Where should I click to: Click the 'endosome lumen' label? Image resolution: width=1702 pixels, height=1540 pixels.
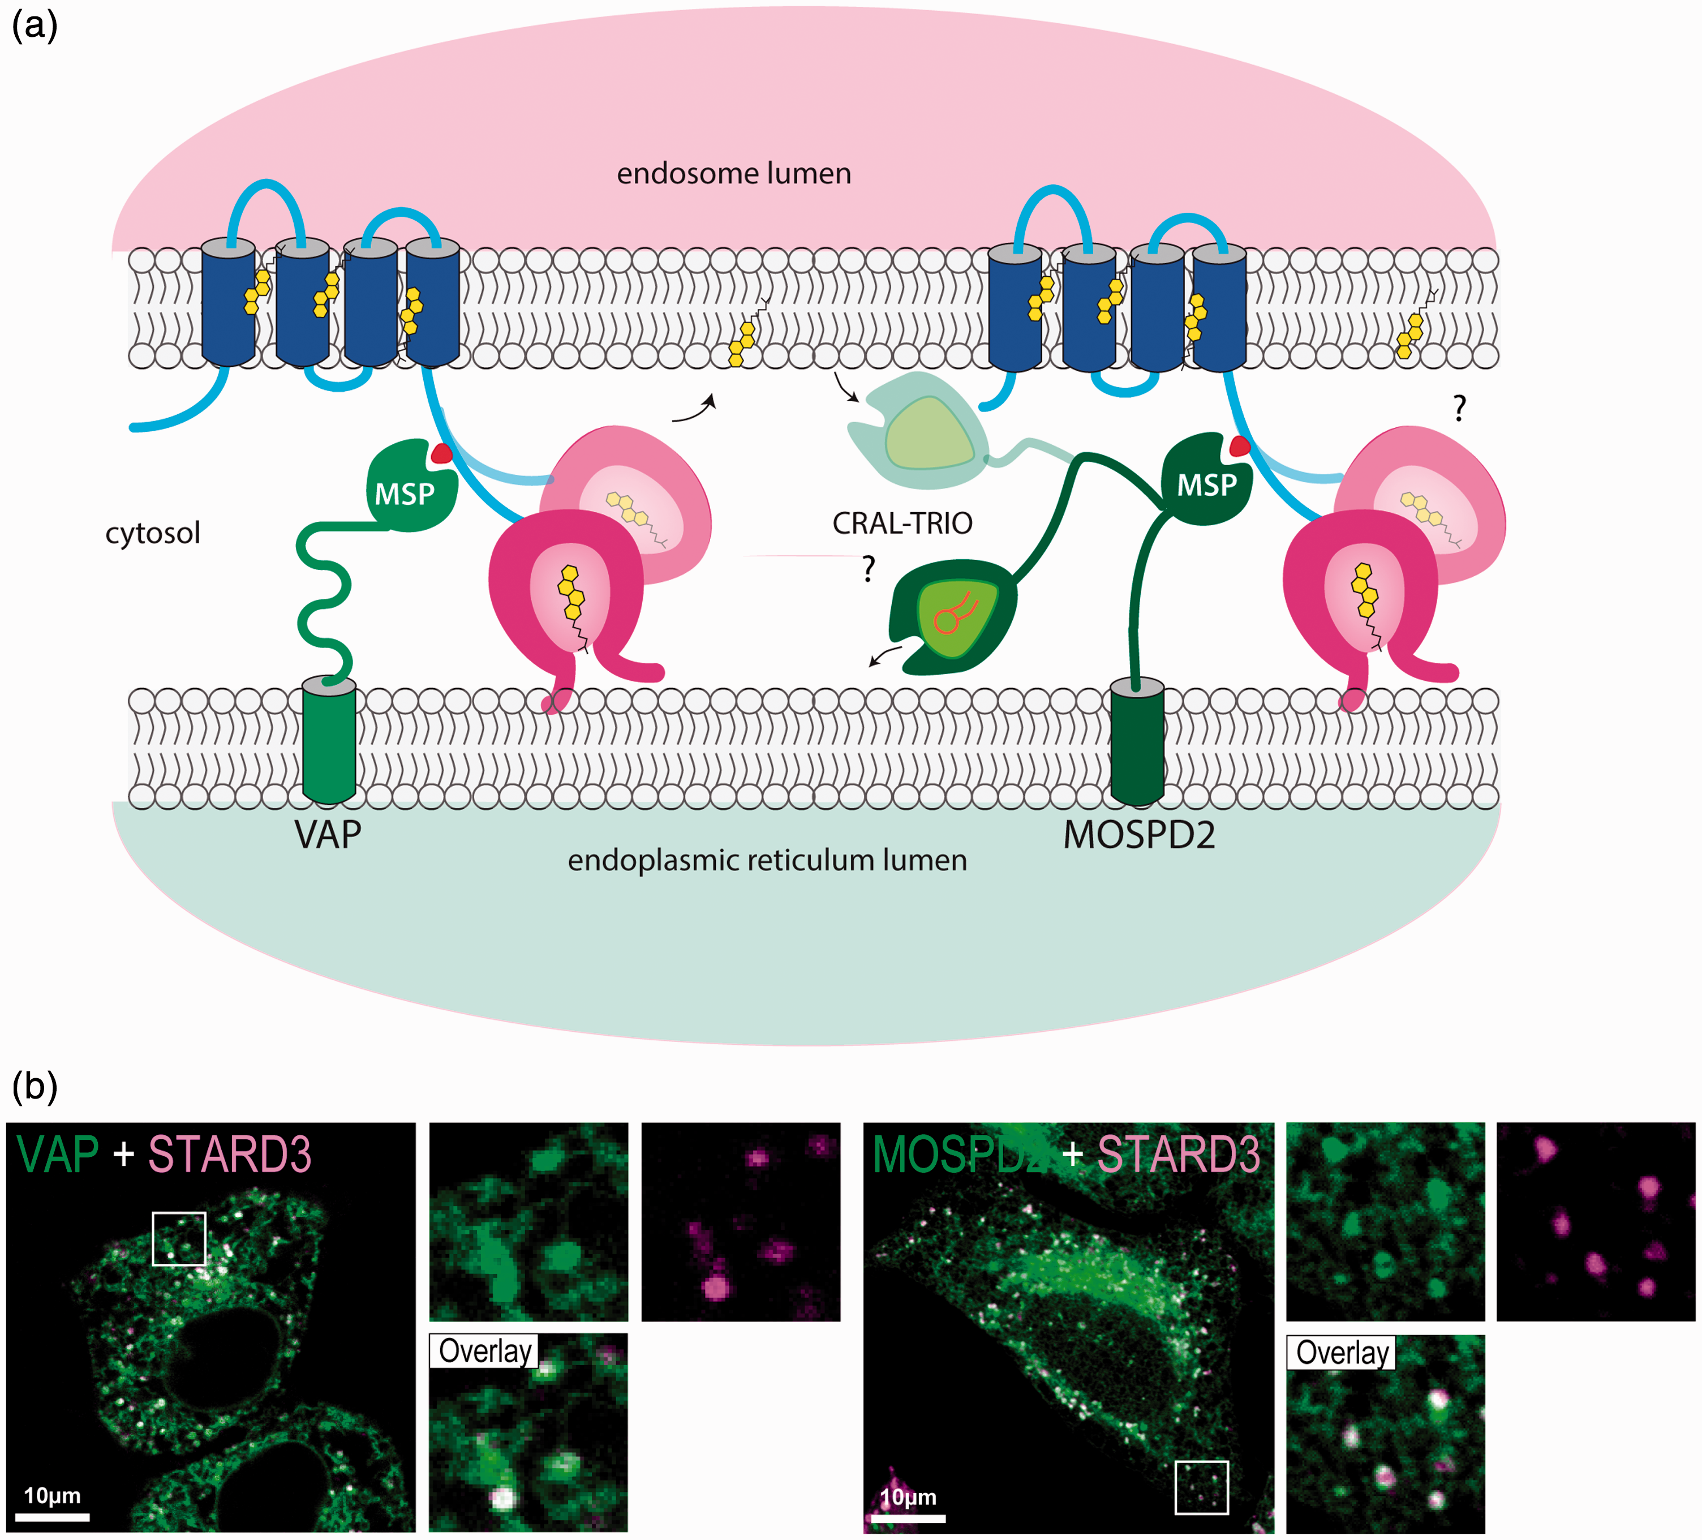pyautogui.click(x=734, y=174)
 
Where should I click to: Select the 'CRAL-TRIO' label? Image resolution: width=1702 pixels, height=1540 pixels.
pyautogui.click(x=902, y=524)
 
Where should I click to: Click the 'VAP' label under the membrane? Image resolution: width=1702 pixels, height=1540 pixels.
pyautogui.click(x=328, y=834)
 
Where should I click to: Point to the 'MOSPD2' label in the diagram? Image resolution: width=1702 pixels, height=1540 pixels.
pyautogui.click(x=1139, y=835)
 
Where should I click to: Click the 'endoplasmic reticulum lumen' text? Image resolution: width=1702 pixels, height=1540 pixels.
pyautogui.click(x=767, y=860)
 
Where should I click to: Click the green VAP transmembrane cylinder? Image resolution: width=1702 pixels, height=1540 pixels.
pyautogui.click(x=328, y=740)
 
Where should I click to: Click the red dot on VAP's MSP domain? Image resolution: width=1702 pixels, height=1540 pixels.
pyautogui.click(x=441, y=454)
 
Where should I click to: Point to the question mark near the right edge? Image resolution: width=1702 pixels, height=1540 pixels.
pyautogui.click(x=1460, y=409)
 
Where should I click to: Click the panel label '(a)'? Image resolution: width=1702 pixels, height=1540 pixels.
pyautogui.click(x=35, y=25)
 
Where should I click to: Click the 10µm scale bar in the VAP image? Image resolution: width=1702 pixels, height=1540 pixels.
pyautogui.click(x=53, y=1517)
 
